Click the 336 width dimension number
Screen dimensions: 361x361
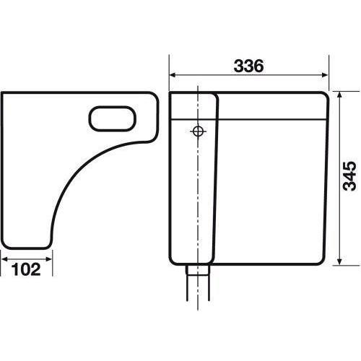(x=248, y=66)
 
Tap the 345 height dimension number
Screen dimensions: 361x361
(x=349, y=176)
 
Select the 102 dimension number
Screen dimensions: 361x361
(x=26, y=269)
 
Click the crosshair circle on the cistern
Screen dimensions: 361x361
(x=198, y=131)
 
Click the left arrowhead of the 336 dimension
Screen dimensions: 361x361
(x=173, y=75)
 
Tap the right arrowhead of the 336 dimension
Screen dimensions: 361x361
(x=325, y=75)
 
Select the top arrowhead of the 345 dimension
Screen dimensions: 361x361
(x=339, y=95)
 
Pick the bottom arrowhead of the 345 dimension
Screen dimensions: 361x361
(x=339, y=261)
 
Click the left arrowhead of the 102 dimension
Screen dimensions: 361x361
(x=4, y=259)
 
